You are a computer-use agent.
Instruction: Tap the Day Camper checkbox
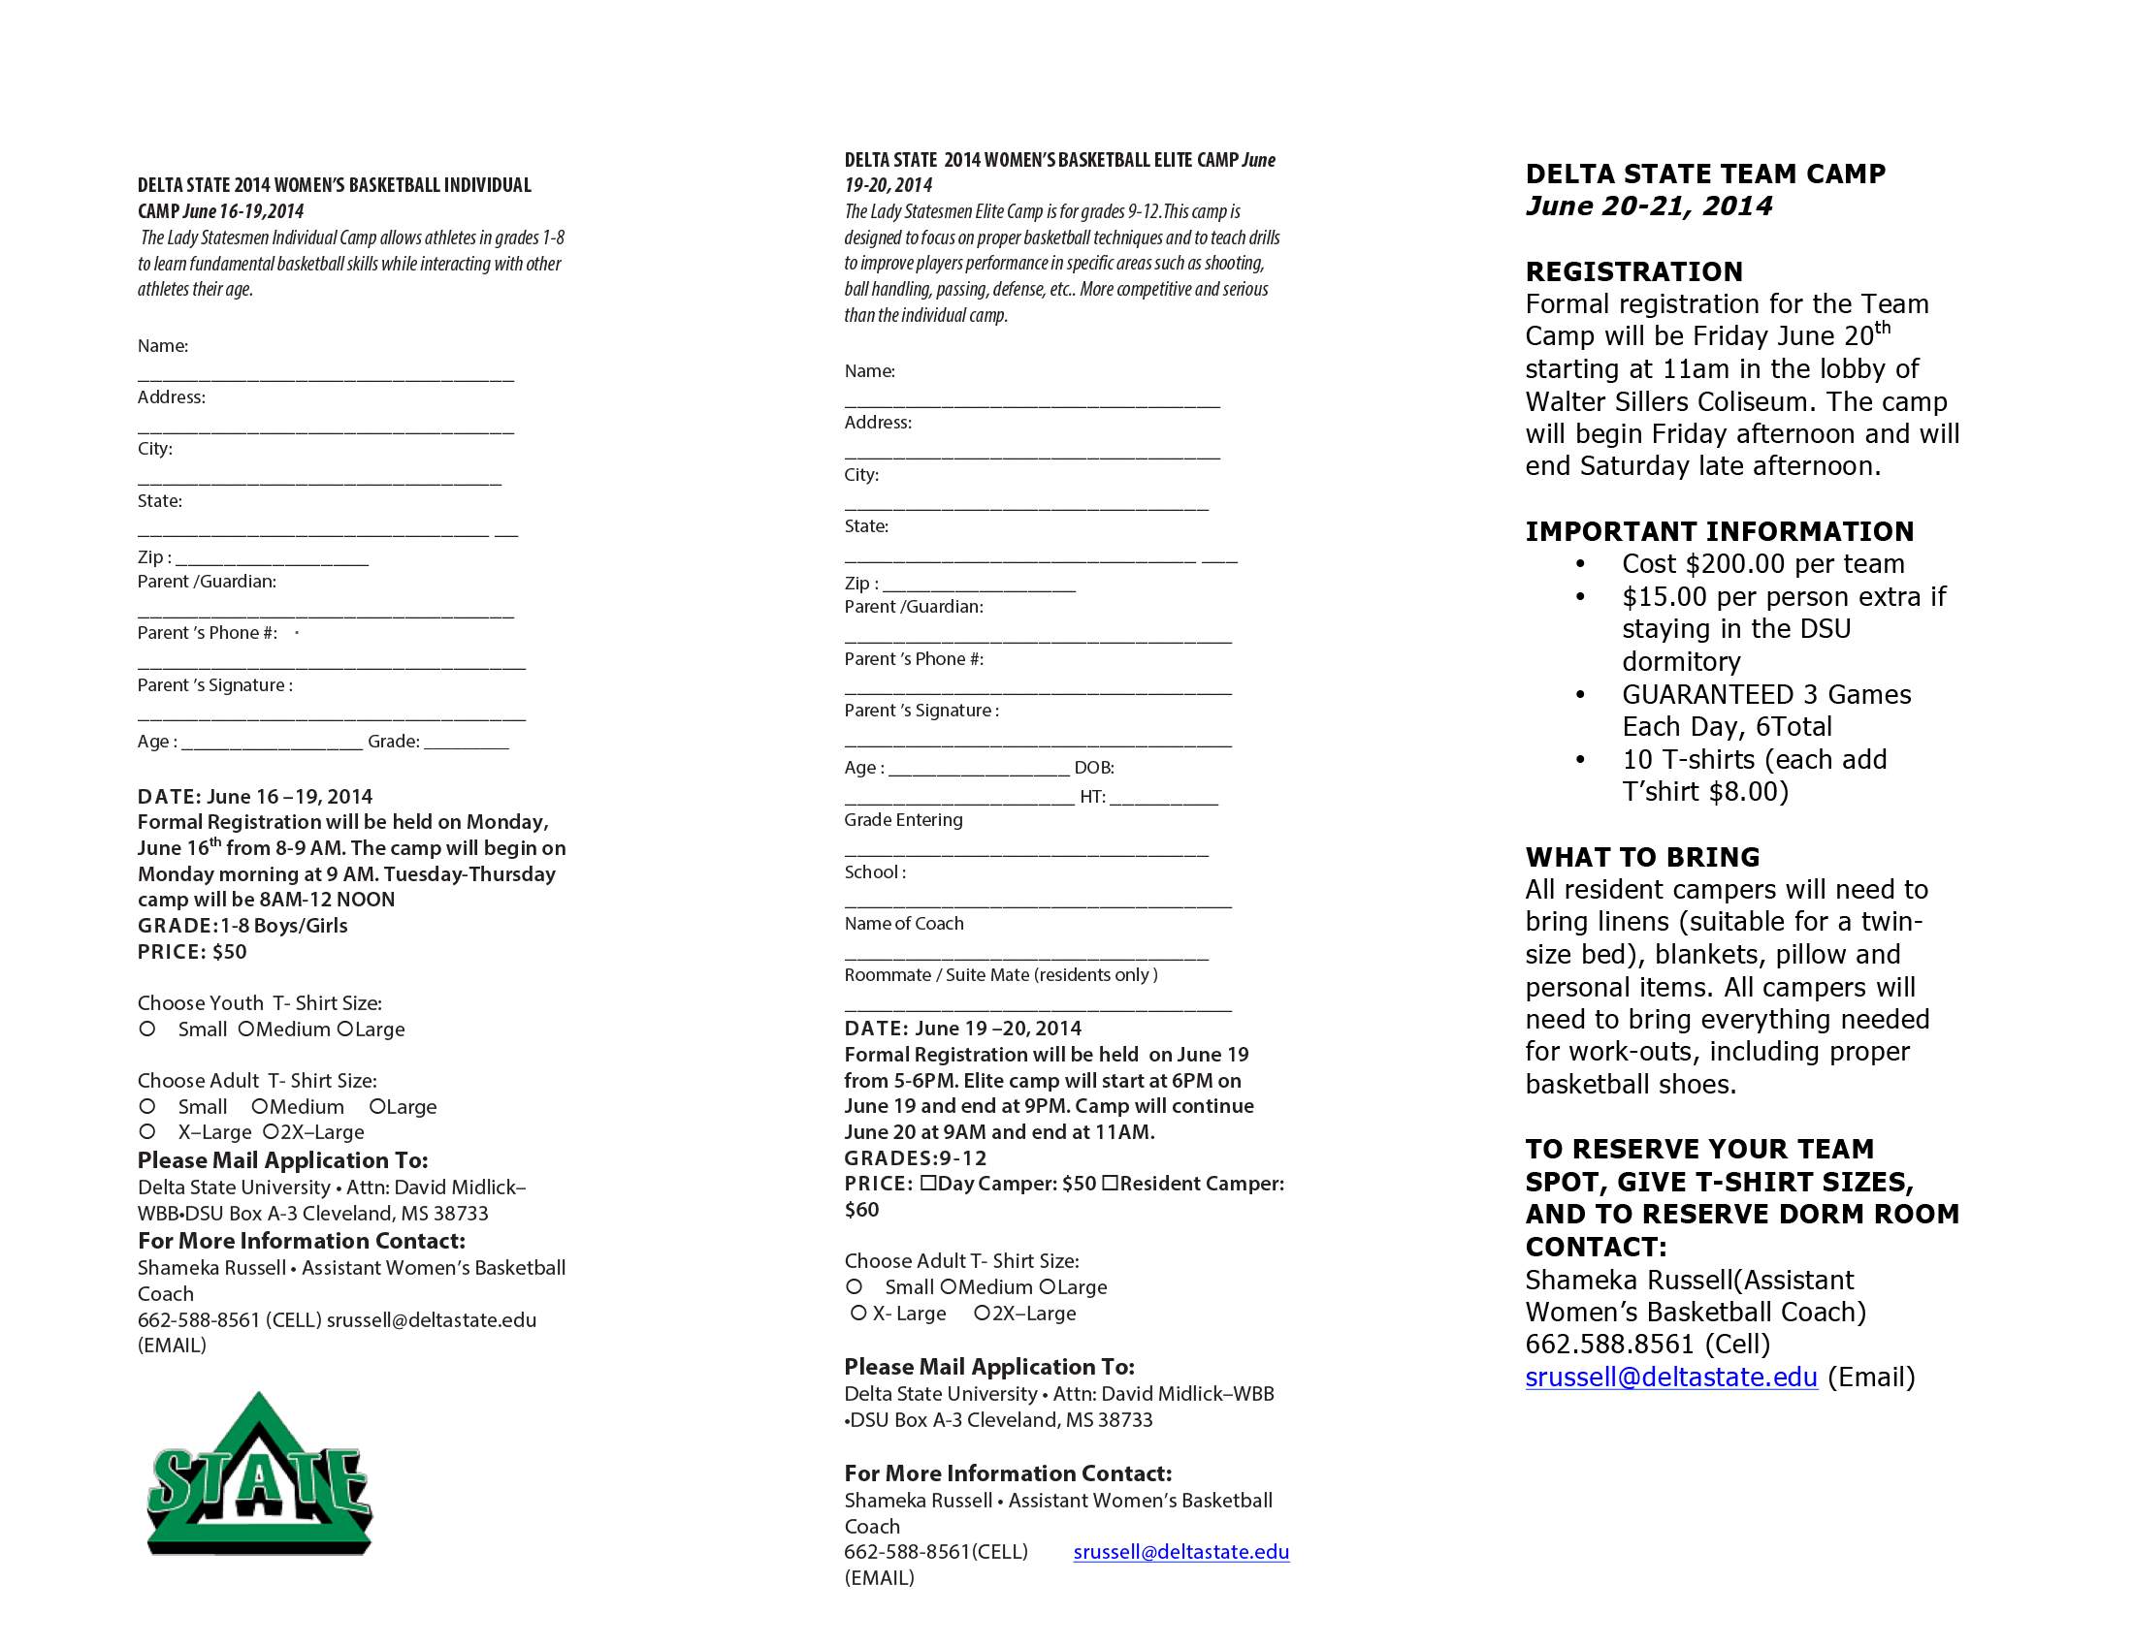(x=928, y=1184)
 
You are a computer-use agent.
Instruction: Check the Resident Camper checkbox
(x=1110, y=1184)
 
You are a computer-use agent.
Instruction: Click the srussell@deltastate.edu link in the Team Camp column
(x=1671, y=1377)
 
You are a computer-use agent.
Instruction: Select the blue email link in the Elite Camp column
(x=1180, y=1551)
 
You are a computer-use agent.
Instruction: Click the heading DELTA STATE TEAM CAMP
(x=1705, y=174)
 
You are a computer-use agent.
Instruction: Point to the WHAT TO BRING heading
(x=1643, y=857)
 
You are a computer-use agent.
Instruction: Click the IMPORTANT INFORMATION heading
(x=1719, y=531)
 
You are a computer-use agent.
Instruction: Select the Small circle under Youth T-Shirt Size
(x=147, y=1029)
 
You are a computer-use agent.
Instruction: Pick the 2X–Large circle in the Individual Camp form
(x=271, y=1132)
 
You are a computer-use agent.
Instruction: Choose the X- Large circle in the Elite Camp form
(x=858, y=1314)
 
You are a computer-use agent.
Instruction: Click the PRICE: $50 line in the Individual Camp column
(x=192, y=952)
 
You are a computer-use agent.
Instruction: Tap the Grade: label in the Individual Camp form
(x=394, y=741)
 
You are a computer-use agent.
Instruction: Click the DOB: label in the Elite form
(x=1094, y=768)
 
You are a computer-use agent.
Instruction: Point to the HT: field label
(x=1092, y=797)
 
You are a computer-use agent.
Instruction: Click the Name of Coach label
(x=903, y=924)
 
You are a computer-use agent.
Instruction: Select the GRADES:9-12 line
(x=915, y=1157)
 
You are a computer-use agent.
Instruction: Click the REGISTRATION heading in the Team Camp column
(x=1633, y=271)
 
